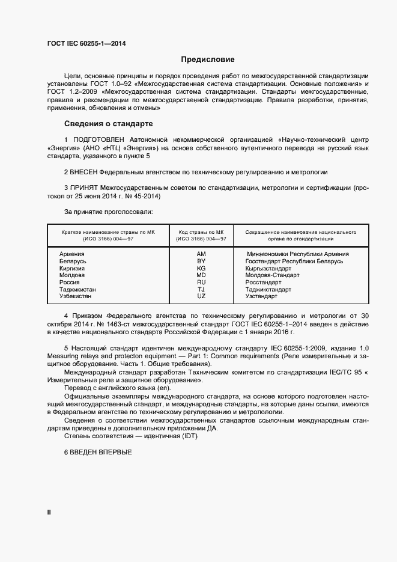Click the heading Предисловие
[208, 60]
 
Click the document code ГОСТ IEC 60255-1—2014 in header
[86, 43]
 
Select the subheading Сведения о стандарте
[108, 124]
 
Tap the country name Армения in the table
[71, 254]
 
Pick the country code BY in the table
[201, 261]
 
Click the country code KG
[201, 269]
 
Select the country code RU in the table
[201, 283]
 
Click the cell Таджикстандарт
[268, 290]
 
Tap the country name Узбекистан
[76, 296]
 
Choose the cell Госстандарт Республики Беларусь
[294, 261]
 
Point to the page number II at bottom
[49, 512]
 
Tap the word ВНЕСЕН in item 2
[87, 172]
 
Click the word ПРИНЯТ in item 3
[86, 188]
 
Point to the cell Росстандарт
[264, 283]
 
